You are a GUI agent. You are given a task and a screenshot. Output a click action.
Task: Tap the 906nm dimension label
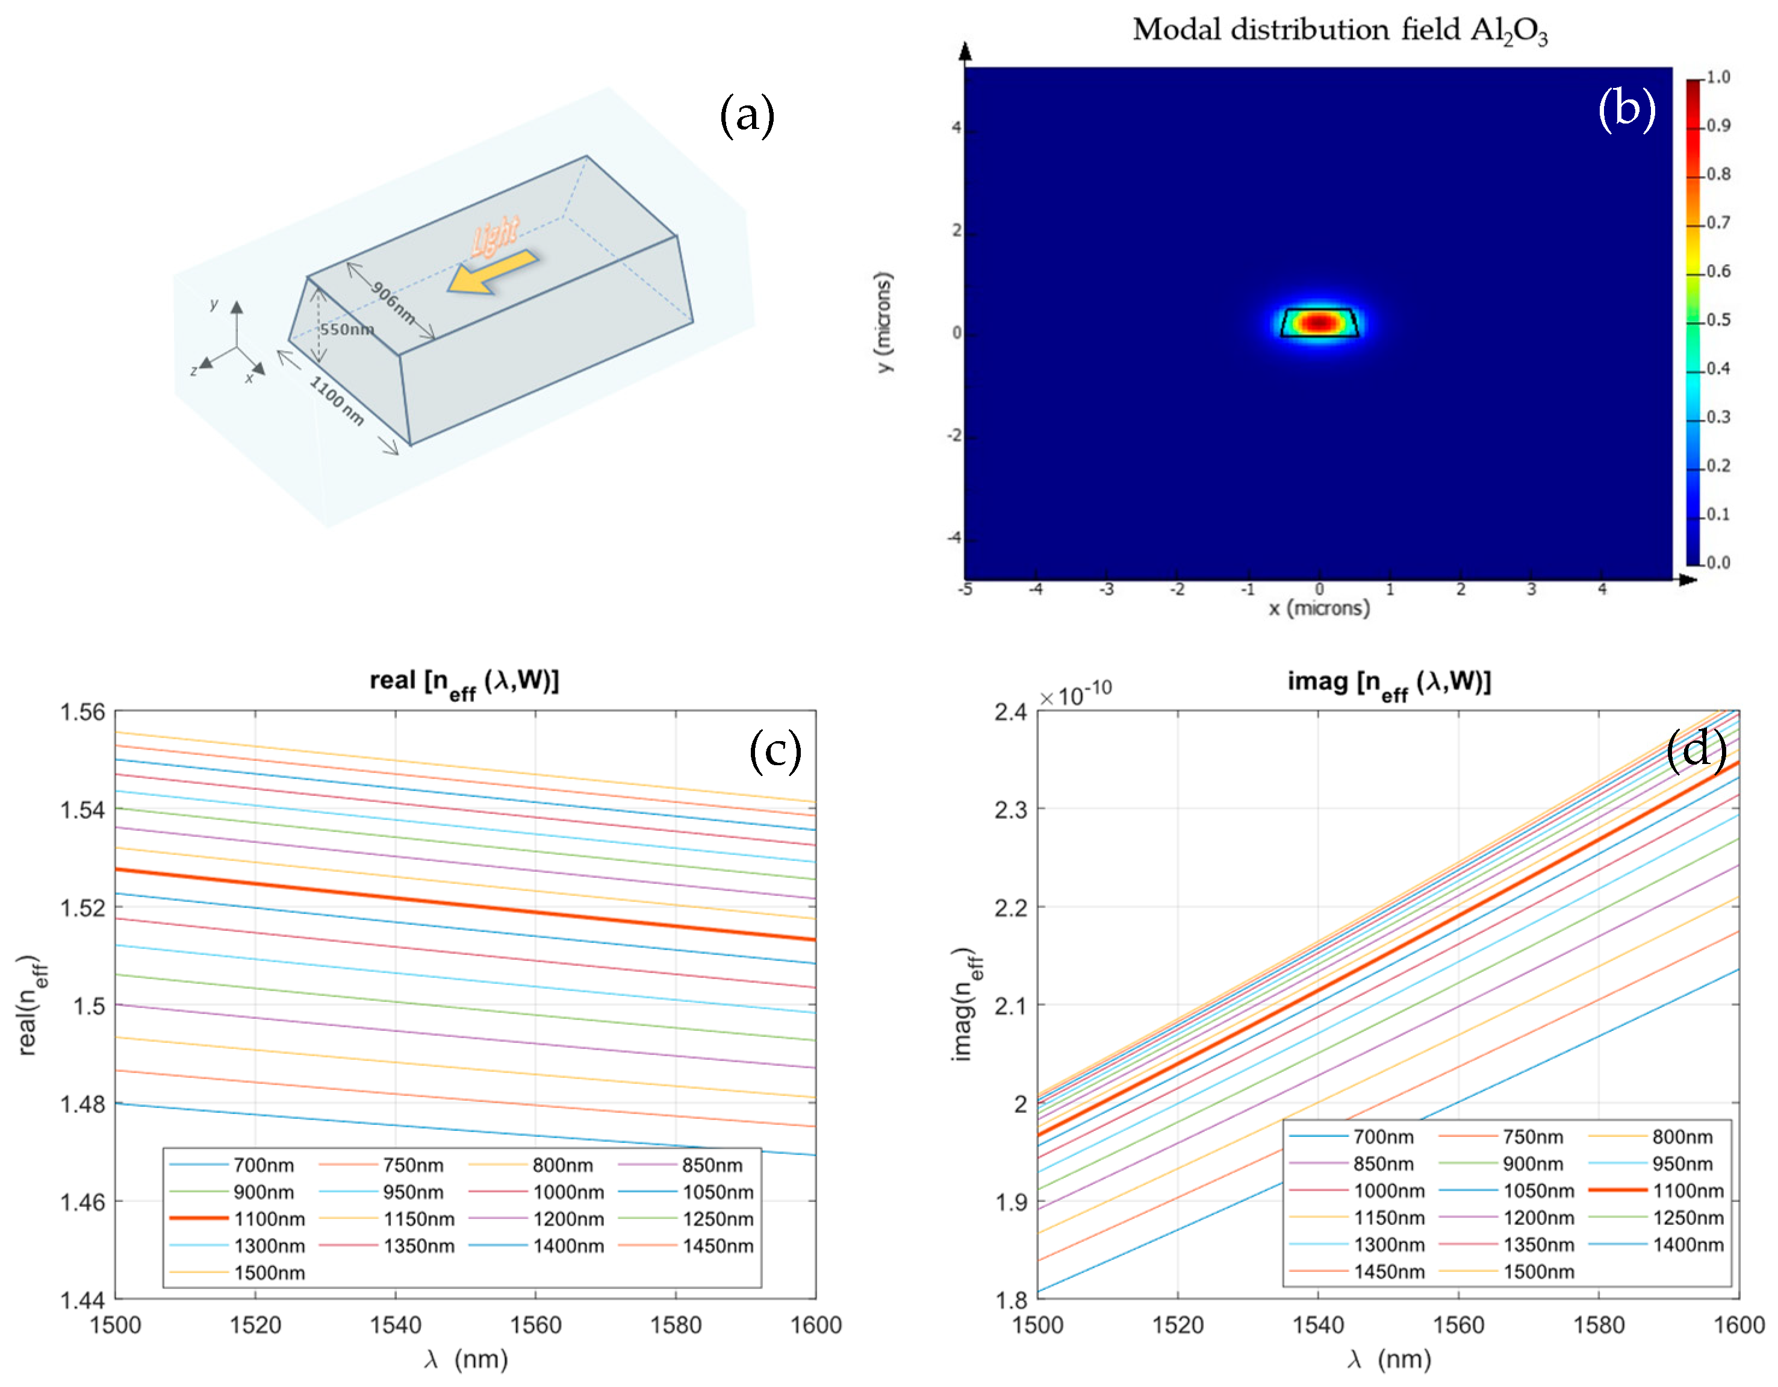[x=393, y=301]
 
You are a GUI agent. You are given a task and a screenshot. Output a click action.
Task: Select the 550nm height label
[x=347, y=329]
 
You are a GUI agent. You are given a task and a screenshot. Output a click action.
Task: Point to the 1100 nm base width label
[x=336, y=401]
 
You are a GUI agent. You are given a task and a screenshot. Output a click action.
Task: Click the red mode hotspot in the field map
[x=1319, y=322]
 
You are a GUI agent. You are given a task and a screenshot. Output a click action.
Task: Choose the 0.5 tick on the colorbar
[x=1718, y=319]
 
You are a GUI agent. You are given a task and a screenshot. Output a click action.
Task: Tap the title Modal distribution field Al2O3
[x=1339, y=31]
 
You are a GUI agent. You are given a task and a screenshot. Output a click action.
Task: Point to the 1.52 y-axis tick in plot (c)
[x=83, y=907]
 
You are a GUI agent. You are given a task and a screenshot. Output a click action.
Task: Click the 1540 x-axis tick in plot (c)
[x=395, y=1325]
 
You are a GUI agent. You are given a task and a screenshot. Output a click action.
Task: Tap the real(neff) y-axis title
[x=31, y=1006]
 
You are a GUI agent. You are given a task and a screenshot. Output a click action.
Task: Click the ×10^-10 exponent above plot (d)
[x=1075, y=694]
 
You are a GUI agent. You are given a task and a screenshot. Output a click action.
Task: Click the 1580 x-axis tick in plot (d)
[x=1598, y=1325]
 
